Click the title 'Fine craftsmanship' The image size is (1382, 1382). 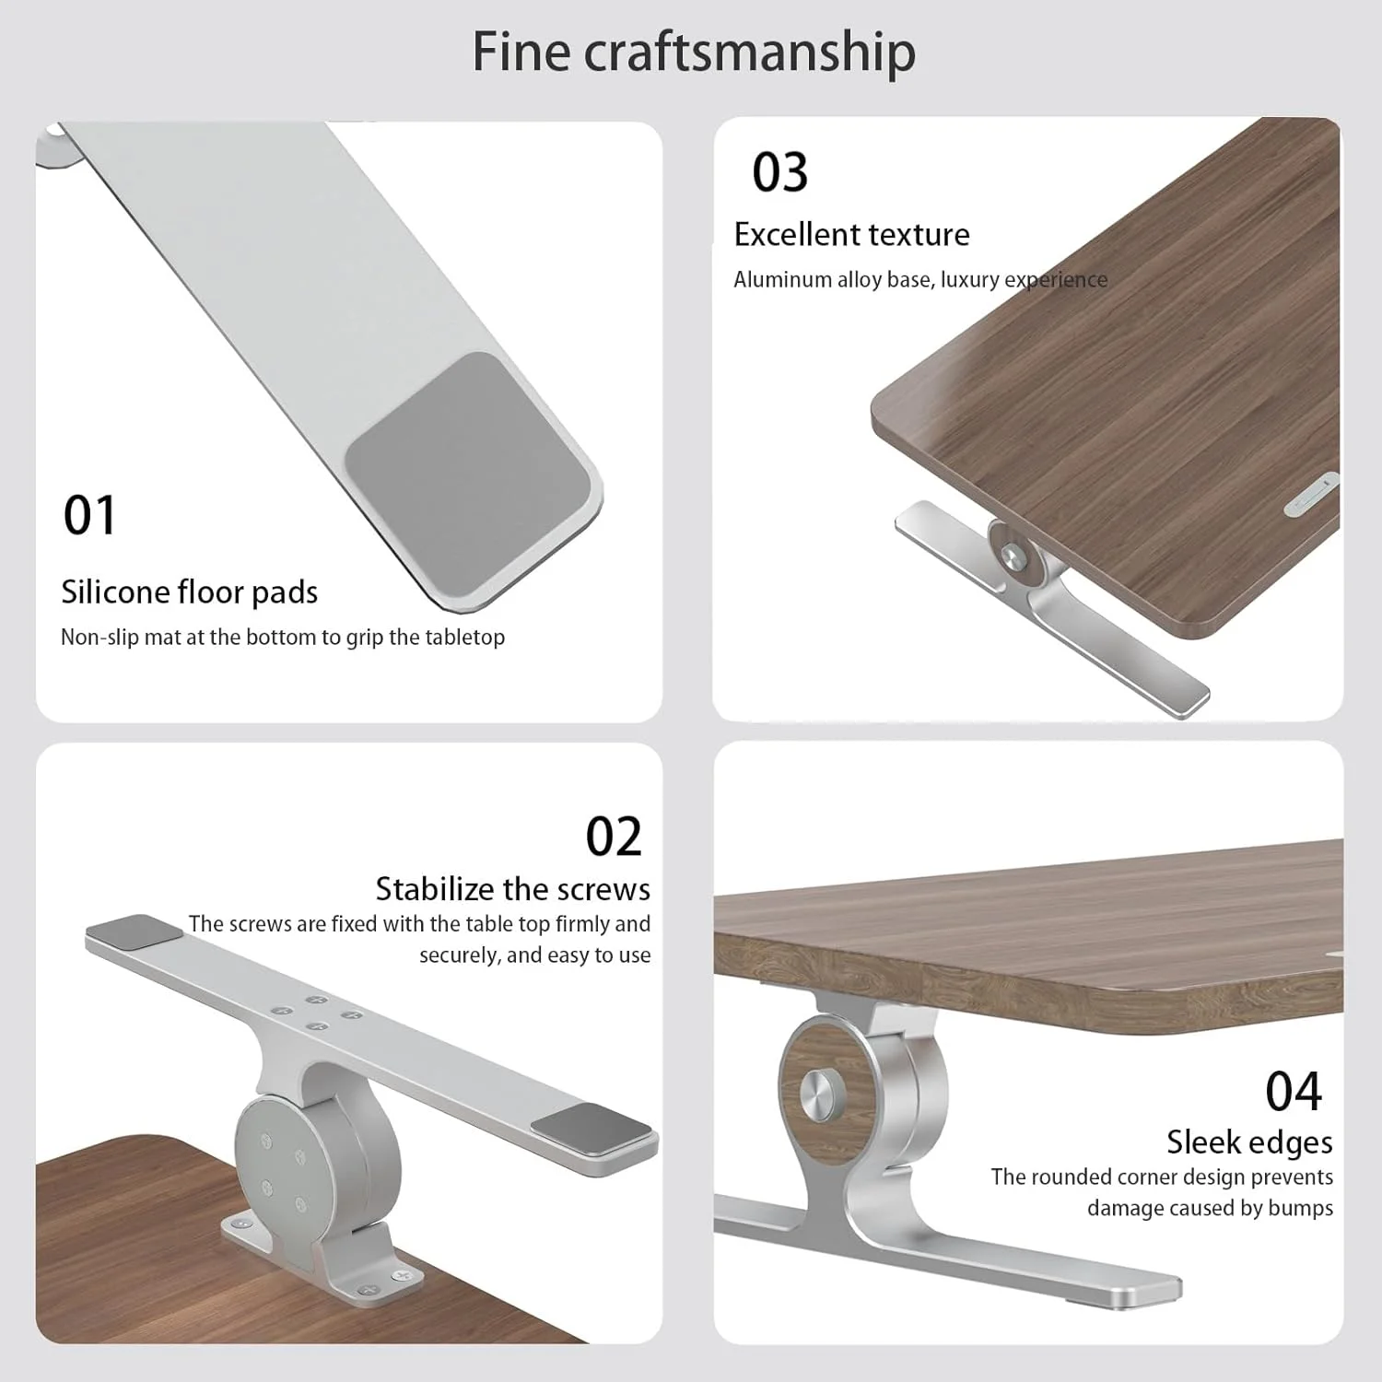coord(694,53)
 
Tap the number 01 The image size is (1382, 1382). coord(90,515)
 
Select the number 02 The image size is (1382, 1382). coord(614,837)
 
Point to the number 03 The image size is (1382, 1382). coord(780,172)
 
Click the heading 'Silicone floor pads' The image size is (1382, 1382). coord(190,591)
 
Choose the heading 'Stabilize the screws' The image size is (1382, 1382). coord(513,888)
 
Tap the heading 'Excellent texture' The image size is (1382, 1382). coord(852,235)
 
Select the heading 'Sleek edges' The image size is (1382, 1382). coord(1249,1142)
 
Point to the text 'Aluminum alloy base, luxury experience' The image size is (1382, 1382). coord(920,280)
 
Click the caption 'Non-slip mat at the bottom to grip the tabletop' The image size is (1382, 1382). coord(283,637)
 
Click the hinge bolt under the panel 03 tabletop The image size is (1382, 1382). coord(1013,556)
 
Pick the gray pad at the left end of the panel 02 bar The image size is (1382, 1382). coord(135,929)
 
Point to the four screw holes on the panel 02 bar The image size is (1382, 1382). coord(315,1013)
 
